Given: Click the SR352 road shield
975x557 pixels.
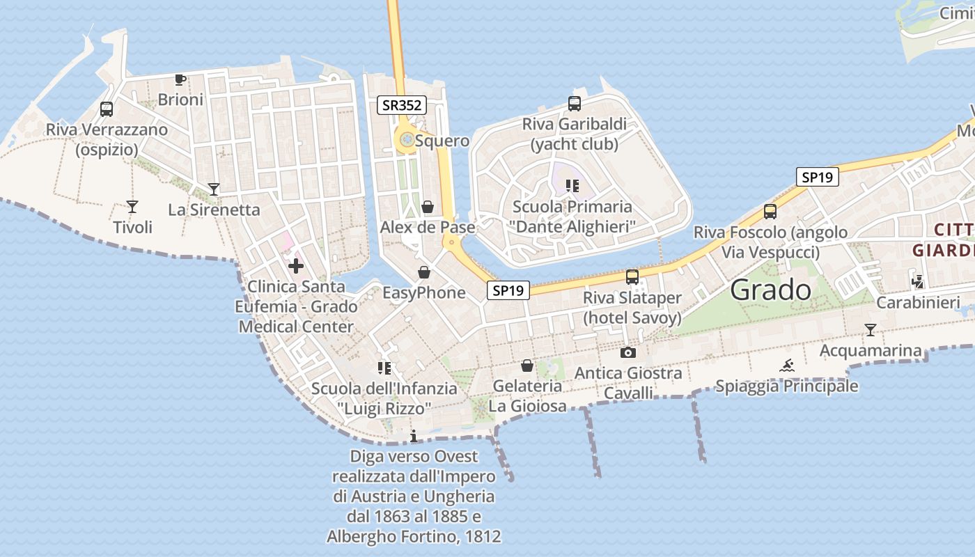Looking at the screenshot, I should point(402,105).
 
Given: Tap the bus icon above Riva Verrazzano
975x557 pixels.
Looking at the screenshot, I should point(107,109).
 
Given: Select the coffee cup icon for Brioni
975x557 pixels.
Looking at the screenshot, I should point(180,79).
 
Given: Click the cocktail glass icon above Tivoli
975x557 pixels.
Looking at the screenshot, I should point(132,207).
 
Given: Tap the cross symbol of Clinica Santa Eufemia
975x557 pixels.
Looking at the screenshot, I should point(296,266).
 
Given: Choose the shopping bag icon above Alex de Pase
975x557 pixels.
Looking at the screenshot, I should point(428,207).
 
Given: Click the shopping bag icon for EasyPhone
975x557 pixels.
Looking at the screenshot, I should point(423,272).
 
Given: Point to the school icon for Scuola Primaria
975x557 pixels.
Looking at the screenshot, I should point(572,186).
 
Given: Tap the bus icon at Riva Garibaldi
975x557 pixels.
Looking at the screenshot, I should point(575,104).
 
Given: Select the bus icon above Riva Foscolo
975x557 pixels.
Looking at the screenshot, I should point(770,212).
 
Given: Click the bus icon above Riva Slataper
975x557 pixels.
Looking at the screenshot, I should point(632,277).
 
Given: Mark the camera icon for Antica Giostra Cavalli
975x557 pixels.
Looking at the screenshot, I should point(628,353).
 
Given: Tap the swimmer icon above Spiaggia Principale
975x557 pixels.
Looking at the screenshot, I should point(787,366).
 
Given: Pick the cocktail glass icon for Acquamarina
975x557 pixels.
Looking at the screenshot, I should point(871,330).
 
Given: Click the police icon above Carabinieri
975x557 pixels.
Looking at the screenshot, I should point(918,282).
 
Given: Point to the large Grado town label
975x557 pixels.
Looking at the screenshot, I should point(770,290).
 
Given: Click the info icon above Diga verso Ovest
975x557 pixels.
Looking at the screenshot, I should point(414,437).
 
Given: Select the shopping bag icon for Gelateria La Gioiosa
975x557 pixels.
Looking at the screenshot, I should point(528,366).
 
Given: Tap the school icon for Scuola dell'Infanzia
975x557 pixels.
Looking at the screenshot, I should point(384,368).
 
